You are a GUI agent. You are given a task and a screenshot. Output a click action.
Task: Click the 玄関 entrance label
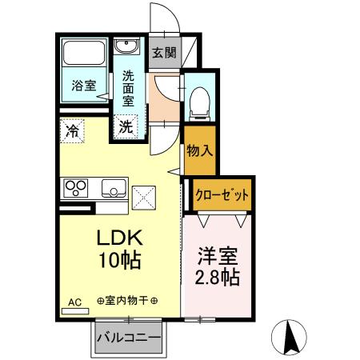click(164, 54)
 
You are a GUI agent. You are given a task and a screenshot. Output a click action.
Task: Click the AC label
click(74, 302)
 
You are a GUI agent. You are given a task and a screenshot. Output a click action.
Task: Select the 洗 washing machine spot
click(126, 126)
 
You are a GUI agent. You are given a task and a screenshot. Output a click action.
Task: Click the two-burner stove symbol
click(77, 190)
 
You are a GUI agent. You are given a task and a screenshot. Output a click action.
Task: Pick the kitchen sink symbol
click(112, 190)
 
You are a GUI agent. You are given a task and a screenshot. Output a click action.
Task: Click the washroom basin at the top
click(126, 46)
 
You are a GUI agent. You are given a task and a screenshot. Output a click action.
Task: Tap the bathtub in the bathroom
click(85, 54)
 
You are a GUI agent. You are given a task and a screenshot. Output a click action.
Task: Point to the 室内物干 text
click(127, 302)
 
